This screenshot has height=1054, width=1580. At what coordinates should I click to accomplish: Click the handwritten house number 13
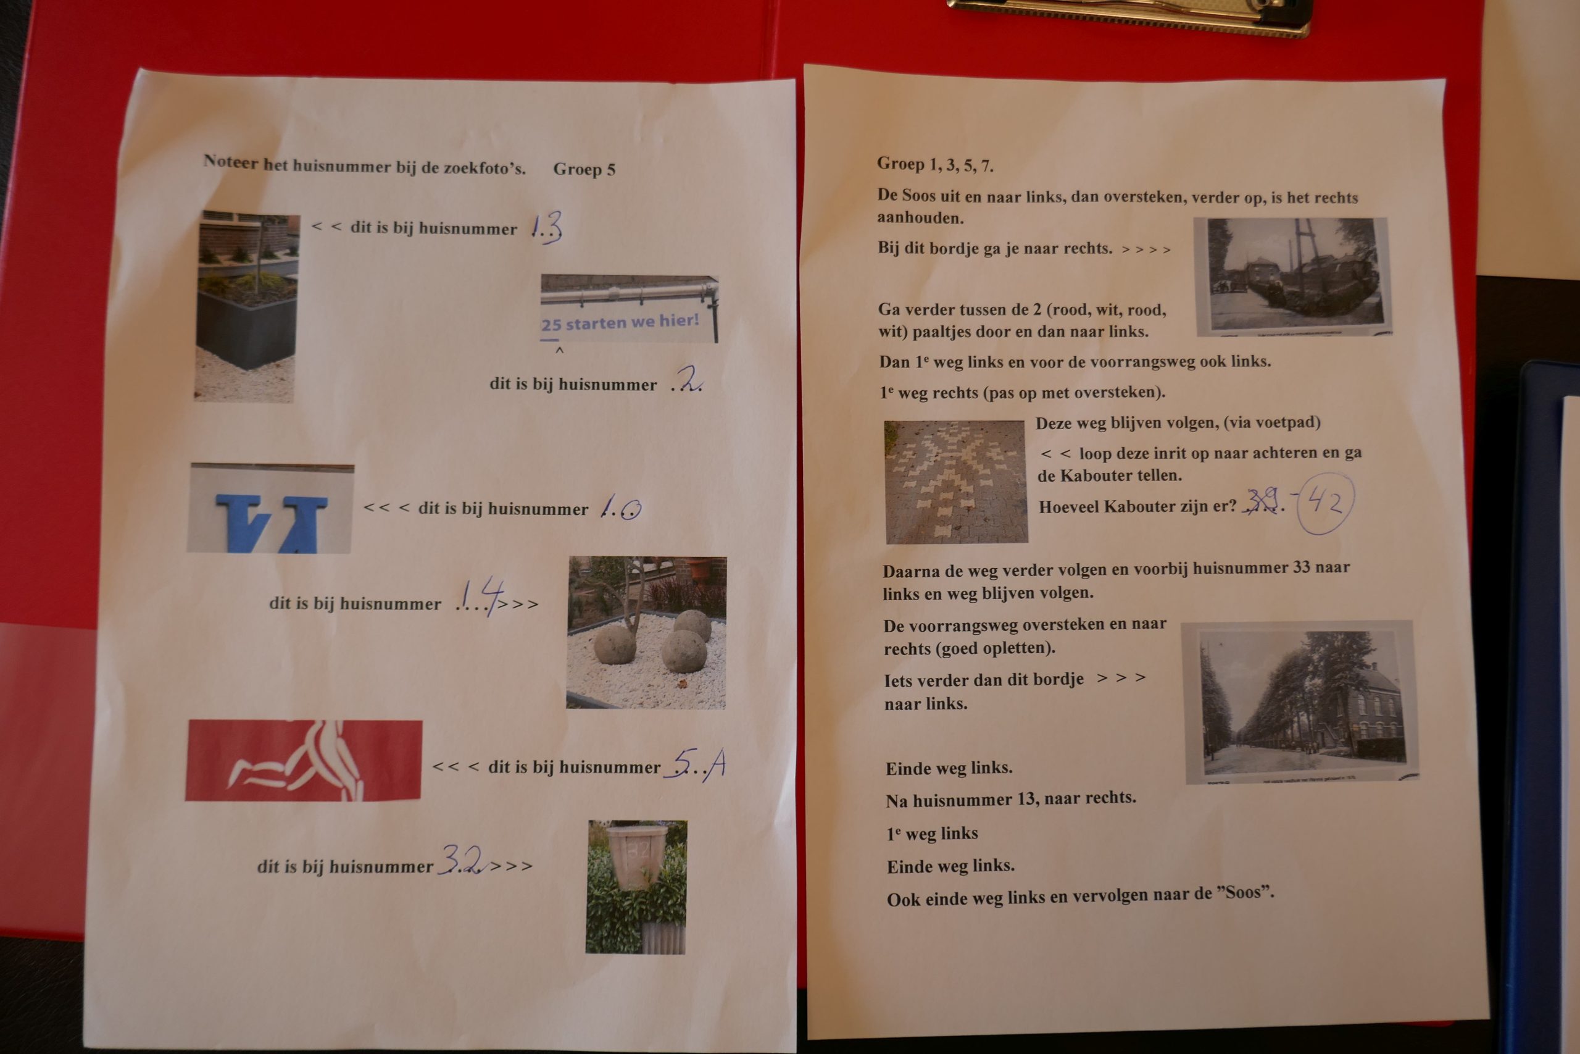point(546,227)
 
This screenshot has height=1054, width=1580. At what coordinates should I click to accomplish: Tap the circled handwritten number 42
point(1324,503)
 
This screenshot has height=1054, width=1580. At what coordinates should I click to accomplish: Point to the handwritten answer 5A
point(696,764)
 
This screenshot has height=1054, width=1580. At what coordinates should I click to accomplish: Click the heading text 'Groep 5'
point(584,169)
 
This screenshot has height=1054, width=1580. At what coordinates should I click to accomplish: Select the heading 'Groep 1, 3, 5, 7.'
point(934,164)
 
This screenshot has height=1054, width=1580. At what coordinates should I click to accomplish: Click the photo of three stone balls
point(646,632)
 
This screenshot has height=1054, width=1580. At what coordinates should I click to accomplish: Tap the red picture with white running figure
point(304,760)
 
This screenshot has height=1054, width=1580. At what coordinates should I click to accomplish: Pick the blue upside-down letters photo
point(270,508)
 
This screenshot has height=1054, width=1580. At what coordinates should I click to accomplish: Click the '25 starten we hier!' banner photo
point(629,309)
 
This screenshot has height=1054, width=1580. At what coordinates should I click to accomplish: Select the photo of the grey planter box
point(246,307)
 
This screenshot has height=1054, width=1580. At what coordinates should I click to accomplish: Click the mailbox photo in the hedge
point(636,887)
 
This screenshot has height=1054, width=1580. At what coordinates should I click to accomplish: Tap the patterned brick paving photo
point(956,481)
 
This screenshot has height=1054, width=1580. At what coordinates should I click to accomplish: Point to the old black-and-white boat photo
point(1293,276)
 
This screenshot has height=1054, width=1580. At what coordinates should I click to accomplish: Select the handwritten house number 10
point(621,507)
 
